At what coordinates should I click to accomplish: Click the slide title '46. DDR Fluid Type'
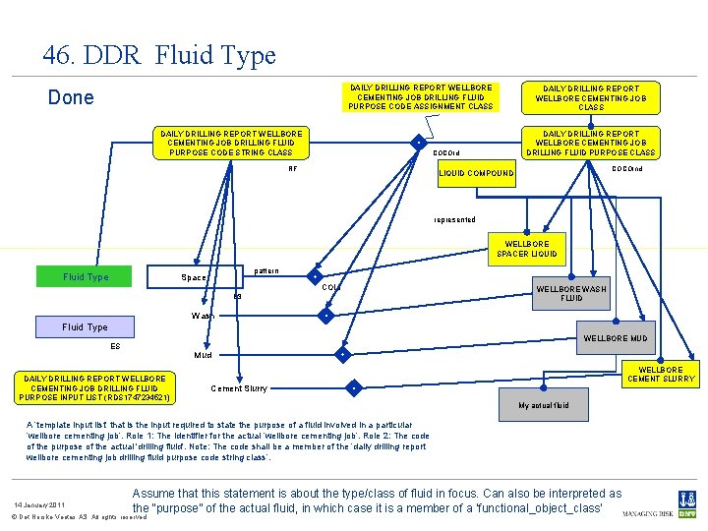[159, 55]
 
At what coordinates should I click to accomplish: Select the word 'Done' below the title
[72, 97]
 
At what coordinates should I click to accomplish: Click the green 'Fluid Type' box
[86, 277]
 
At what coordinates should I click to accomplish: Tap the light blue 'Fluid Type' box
[86, 326]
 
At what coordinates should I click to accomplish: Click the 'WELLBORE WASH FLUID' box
[571, 292]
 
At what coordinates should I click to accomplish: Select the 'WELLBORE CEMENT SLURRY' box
[660, 375]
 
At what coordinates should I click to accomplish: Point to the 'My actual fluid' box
[544, 405]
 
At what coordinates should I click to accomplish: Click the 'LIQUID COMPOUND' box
[476, 173]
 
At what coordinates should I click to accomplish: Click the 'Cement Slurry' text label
[239, 388]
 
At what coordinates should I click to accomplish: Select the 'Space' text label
[194, 277]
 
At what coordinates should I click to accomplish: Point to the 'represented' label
[454, 219]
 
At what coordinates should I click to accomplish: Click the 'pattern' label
[265, 270]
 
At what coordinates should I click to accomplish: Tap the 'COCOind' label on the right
[626, 168]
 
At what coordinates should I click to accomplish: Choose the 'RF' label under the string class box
[292, 168]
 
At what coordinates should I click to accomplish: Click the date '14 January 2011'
[39, 504]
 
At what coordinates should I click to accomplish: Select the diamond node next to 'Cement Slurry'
[351, 387]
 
